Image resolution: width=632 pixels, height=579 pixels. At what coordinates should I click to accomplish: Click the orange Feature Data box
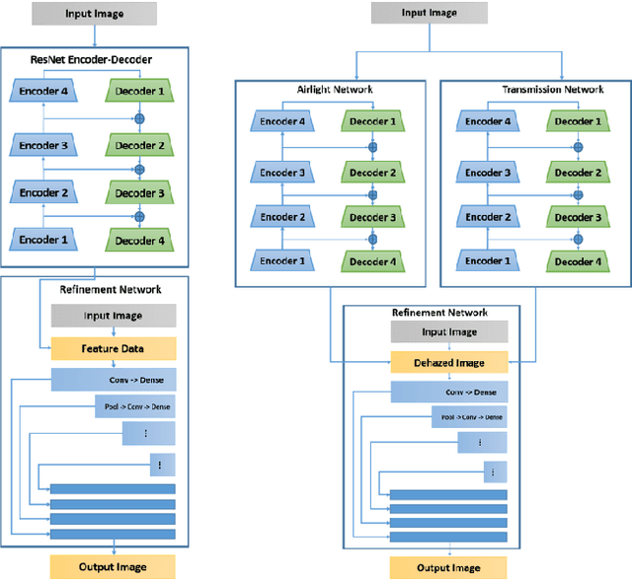[113, 348]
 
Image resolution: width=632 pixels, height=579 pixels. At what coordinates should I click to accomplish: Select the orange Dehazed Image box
[449, 362]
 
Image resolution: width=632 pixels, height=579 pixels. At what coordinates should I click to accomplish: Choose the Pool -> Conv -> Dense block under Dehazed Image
[449, 418]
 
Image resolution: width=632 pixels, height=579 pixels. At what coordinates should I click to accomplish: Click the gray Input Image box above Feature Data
[113, 316]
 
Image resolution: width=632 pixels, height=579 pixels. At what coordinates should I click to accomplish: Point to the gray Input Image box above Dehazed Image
[449, 332]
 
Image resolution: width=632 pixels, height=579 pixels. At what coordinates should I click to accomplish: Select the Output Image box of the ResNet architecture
[113, 566]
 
